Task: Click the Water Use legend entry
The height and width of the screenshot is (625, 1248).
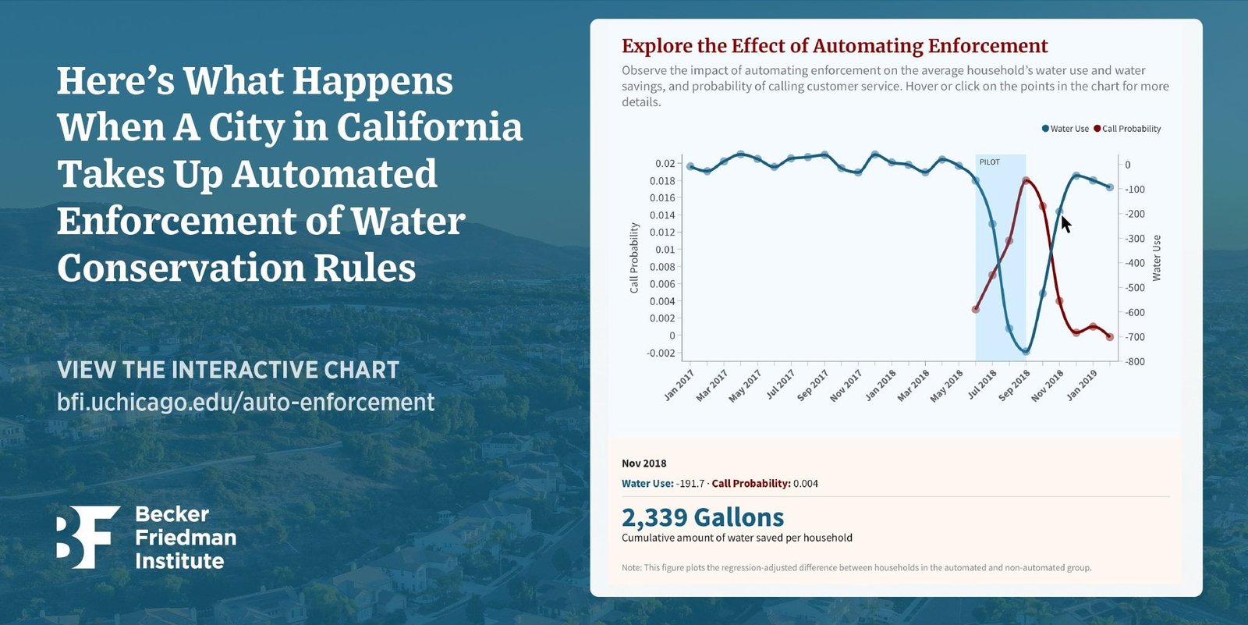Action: (x=1065, y=129)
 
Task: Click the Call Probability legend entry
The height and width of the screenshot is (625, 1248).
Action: (x=1128, y=129)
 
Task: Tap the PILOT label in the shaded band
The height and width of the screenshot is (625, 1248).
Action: (x=989, y=162)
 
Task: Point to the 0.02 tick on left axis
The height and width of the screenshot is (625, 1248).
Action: (x=665, y=163)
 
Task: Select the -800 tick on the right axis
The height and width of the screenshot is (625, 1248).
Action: (x=1135, y=362)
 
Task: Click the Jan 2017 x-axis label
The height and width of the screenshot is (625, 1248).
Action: (x=679, y=385)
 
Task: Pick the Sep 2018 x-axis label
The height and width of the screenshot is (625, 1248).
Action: (x=1015, y=385)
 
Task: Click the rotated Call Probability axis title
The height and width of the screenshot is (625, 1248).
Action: (x=634, y=257)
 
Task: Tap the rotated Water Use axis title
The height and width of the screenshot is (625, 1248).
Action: (x=1157, y=257)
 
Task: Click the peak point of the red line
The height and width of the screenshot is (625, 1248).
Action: (x=1026, y=180)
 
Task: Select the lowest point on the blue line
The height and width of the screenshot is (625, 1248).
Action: (x=1026, y=352)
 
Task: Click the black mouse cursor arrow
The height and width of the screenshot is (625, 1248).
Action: (x=1065, y=223)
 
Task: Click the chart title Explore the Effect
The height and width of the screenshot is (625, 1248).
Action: (x=835, y=46)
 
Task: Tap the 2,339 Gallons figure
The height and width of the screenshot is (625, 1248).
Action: (x=702, y=517)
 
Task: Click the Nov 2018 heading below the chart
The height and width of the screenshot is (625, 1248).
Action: (x=643, y=463)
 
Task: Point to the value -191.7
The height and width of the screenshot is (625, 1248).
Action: (x=690, y=484)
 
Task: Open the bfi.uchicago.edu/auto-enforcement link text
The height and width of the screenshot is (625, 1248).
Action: (x=246, y=402)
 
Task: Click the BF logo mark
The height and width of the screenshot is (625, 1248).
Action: (x=87, y=537)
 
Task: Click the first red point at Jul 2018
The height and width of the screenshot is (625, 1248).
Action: (x=976, y=310)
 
